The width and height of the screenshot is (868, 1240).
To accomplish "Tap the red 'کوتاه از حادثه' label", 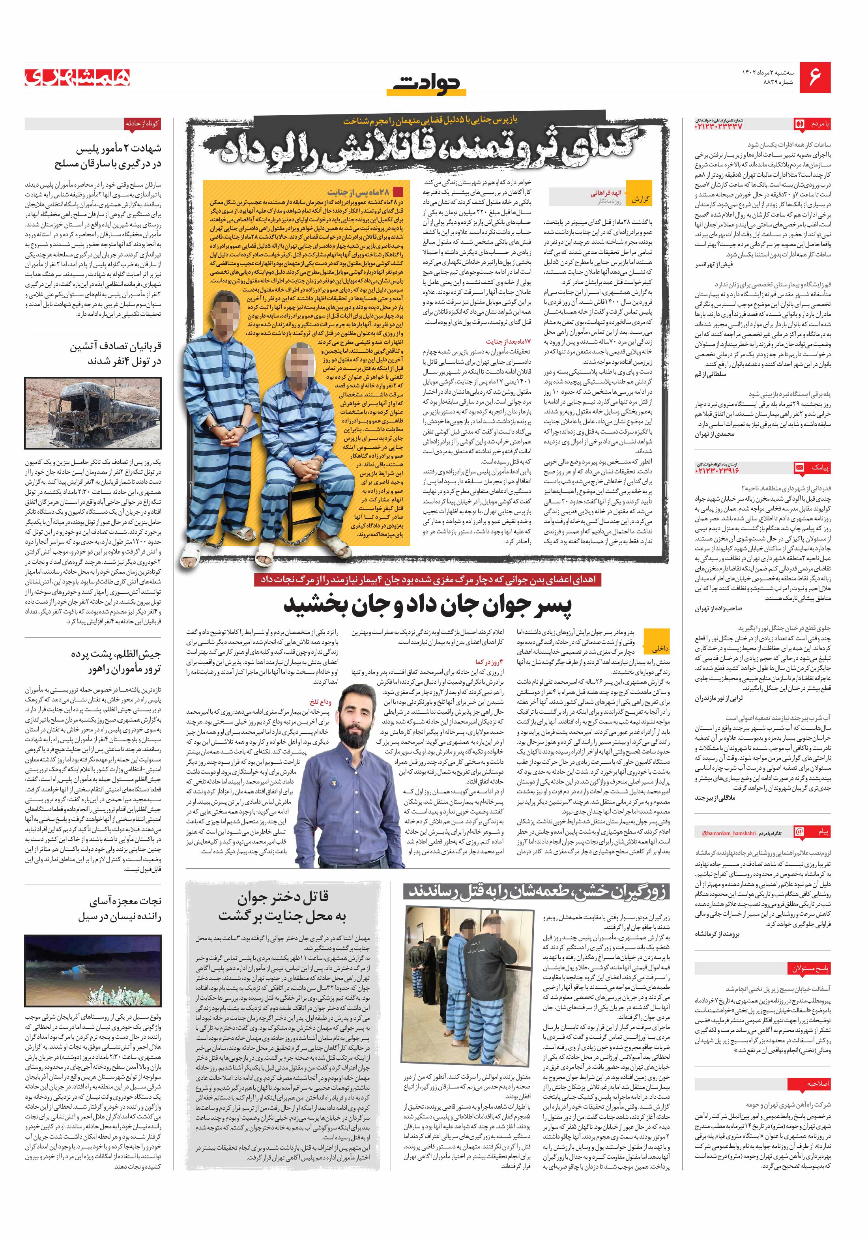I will point(142,123).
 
